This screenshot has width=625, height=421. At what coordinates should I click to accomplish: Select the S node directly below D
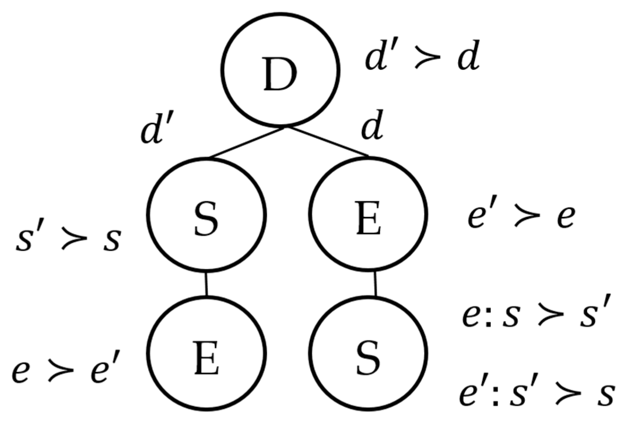tap(206, 214)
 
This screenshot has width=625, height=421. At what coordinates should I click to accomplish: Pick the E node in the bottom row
tap(206, 353)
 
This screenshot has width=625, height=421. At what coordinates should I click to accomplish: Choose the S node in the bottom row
tap(368, 353)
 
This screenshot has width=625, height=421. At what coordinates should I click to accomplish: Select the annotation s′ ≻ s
tap(68, 239)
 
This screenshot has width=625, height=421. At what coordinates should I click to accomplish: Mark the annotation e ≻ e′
tap(65, 371)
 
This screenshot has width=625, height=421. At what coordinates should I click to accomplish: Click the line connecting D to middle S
tap(246, 143)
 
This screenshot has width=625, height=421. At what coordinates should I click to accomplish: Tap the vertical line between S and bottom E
tap(206, 284)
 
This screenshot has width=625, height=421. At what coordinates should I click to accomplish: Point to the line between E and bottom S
tap(375, 284)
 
